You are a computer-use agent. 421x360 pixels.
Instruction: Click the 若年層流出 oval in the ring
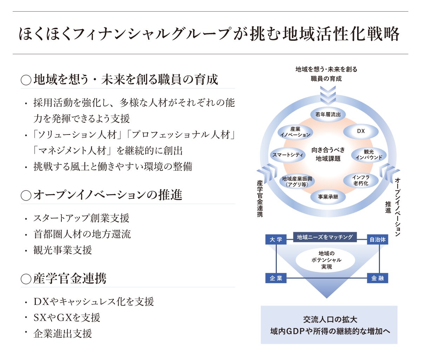coord(328,114)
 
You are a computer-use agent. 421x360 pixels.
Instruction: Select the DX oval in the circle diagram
coord(361,131)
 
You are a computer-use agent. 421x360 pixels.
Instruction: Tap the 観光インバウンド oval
coord(368,155)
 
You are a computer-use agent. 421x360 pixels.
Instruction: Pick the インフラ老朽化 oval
coord(361,181)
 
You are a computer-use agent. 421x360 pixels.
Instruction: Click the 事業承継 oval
coord(328,197)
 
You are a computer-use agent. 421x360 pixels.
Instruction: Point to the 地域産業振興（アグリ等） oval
coord(297,181)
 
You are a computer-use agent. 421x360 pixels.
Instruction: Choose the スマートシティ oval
coord(288,155)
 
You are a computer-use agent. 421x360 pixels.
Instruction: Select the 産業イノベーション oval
coord(295,132)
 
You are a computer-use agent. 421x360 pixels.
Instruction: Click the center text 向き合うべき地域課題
coord(328,154)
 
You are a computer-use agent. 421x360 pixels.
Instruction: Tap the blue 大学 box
coord(276,240)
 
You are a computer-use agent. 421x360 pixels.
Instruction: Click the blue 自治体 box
coord(377,240)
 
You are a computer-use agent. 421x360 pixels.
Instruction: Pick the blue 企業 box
coord(276,278)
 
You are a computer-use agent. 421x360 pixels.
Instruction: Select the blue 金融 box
coord(377,278)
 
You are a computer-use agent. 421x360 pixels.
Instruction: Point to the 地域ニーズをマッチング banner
coord(325,237)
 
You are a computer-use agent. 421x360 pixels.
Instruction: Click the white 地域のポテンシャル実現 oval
coord(326,260)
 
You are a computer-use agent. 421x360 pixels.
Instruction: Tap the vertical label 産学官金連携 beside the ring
coord(260,198)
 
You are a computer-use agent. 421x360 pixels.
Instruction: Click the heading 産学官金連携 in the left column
coord(70,279)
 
